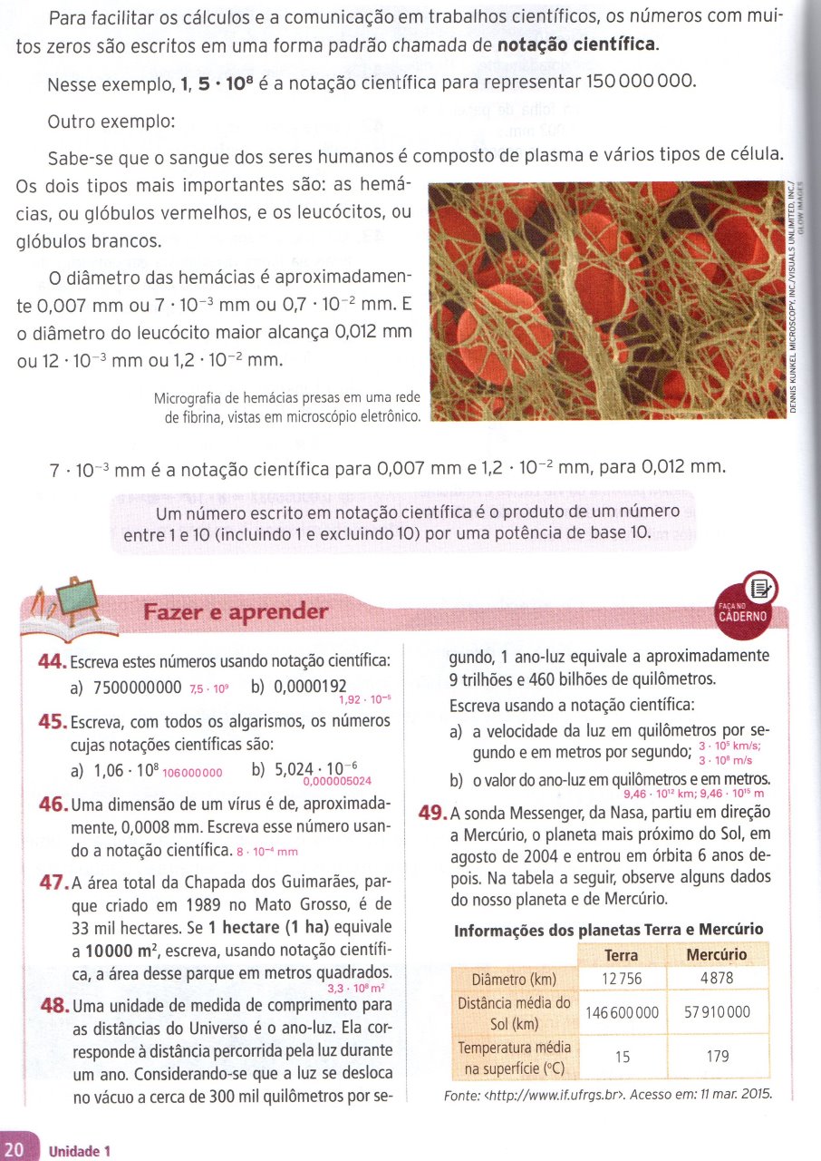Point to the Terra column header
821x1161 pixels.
coord(621,954)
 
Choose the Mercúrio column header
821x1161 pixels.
coord(716,954)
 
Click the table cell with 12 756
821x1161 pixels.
coord(621,980)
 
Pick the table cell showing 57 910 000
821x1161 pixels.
coord(716,1012)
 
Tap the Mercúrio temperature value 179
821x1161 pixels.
coord(716,1055)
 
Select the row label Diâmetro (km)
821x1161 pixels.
coord(513,980)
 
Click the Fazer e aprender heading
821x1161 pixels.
coord(236,612)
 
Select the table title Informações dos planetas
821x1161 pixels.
coord(608,930)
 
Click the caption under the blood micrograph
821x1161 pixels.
coord(288,408)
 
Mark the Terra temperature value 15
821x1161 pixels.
coord(621,1055)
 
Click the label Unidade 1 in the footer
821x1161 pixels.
coord(79,1151)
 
